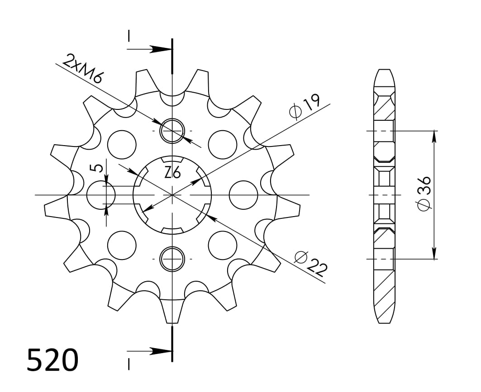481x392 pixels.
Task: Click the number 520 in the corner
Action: click(52, 360)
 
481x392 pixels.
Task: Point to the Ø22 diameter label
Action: click(311, 263)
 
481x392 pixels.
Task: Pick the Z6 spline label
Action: click(172, 172)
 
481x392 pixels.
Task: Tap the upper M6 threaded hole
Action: click(172, 130)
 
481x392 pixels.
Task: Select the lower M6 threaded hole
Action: click(172, 259)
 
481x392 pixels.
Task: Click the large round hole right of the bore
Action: click(243, 195)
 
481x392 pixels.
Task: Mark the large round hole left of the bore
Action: click(100, 195)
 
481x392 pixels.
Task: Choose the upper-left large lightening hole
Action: click(122, 145)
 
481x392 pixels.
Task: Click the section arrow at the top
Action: click(158, 49)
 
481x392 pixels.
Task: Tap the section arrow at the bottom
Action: click(158, 351)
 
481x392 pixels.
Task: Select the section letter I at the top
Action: click(129, 36)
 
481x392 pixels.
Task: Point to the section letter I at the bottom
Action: click(129, 364)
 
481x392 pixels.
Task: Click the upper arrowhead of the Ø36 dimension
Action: click(434, 136)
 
